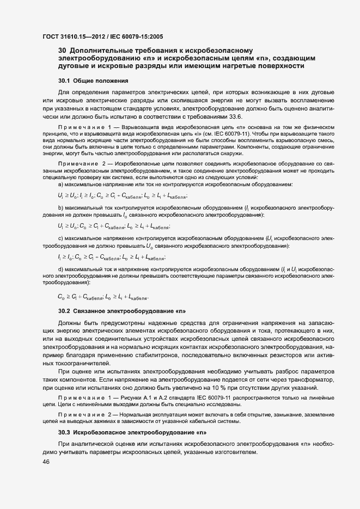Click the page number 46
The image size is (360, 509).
tap(46, 462)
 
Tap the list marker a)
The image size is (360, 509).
tap(60, 199)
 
